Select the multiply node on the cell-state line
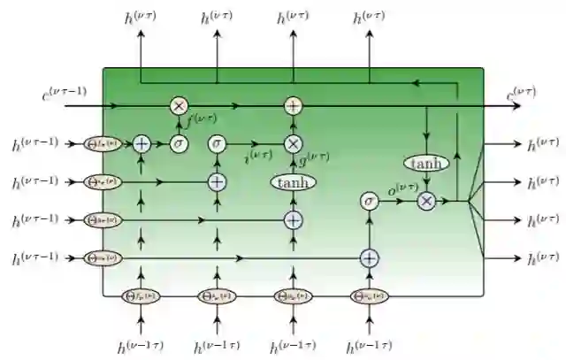click(179, 105)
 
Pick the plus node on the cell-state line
click(293, 105)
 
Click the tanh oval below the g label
click(293, 181)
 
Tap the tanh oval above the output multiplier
click(427, 164)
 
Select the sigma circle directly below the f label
click(179, 143)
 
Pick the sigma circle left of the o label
click(369, 202)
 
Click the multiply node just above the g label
click(293, 143)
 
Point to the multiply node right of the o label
click(427, 202)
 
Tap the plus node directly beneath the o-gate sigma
click(369, 257)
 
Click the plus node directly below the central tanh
click(293, 218)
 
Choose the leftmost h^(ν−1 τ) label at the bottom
click(141, 348)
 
